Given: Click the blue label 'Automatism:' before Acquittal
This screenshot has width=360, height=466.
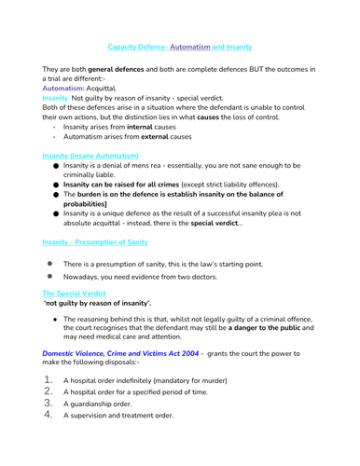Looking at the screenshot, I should click(x=64, y=87).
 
